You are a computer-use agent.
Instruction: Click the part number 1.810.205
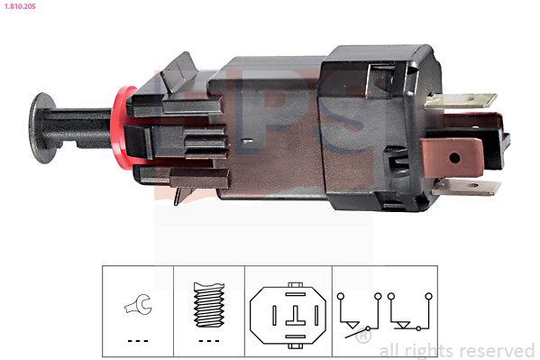(x=20, y=6)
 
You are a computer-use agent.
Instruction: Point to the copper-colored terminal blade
(x=452, y=157)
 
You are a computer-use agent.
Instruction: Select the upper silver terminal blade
(x=461, y=100)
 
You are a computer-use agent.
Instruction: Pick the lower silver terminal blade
(x=466, y=187)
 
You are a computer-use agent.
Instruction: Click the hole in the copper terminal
(x=454, y=158)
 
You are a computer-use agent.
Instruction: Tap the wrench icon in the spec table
(x=139, y=304)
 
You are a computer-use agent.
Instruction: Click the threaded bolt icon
(x=209, y=304)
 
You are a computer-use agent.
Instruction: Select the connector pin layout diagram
(x=288, y=315)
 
